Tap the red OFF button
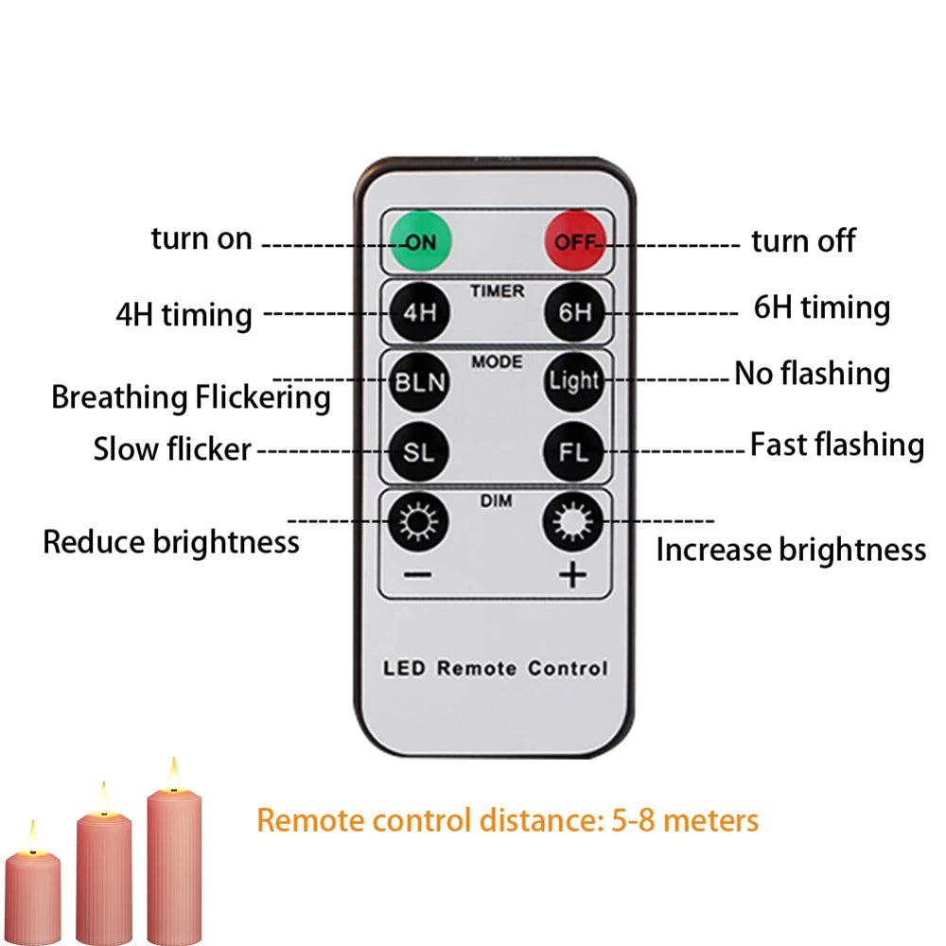point(573,241)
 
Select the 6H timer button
point(573,312)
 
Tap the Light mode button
point(573,381)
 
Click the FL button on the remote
point(573,451)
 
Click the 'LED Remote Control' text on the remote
point(495,668)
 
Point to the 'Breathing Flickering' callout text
point(190,397)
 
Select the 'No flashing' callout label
point(812,375)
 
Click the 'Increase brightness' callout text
point(791,550)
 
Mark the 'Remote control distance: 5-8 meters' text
point(508,819)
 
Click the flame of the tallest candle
point(173,775)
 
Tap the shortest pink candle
point(33,899)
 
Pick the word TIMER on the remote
point(497,290)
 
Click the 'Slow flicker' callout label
point(172,449)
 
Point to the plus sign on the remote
point(573,575)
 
